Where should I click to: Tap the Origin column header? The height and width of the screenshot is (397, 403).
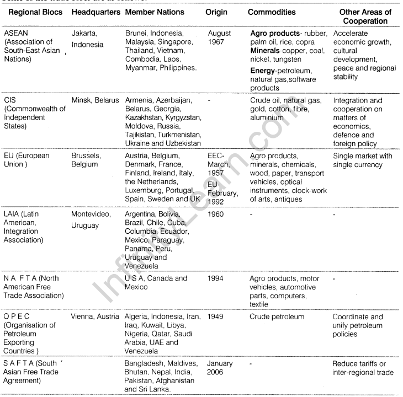point(219,12)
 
